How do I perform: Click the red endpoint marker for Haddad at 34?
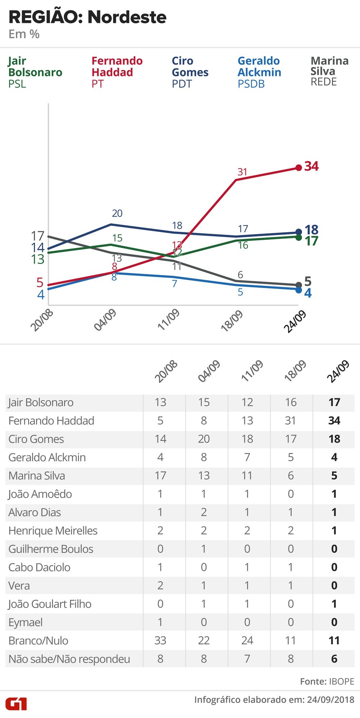(x=298, y=168)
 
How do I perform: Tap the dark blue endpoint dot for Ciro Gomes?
(x=298, y=232)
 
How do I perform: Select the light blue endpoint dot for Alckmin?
(x=298, y=290)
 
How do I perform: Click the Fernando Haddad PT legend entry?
(x=117, y=72)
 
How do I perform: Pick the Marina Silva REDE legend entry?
(x=329, y=71)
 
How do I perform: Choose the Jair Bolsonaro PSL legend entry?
(x=35, y=72)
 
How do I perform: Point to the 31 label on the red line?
(x=242, y=172)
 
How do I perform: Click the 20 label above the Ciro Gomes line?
(x=117, y=213)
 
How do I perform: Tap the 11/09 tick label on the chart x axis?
(x=168, y=319)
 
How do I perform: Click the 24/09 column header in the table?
(x=338, y=371)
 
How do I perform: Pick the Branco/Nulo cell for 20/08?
(x=160, y=641)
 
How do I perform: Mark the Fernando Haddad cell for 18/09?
(x=291, y=421)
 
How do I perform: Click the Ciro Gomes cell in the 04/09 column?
(x=204, y=439)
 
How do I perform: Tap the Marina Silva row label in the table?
(x=37, y=476)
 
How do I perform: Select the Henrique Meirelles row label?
(x=53, y=531)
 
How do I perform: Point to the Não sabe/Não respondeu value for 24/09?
(x=334, y=659)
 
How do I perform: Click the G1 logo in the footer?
(x=16, y=704)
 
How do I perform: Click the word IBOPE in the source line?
(x=341, y=681)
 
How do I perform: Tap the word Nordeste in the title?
(x=127, y=17)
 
